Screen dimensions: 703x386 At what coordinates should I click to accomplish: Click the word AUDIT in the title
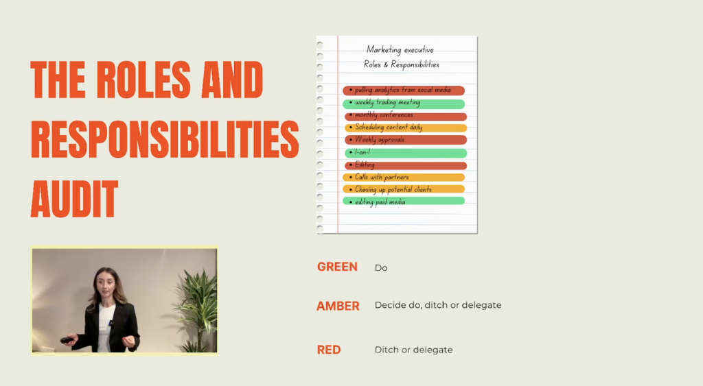coord(74,199)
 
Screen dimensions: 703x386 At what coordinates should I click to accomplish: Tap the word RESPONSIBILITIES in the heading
coord(165,139)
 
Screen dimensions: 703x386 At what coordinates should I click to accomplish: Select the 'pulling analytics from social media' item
coord(404,91)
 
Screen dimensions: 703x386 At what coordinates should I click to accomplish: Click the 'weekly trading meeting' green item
coord(404,104)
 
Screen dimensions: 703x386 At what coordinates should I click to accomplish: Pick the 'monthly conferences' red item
coord(405,116)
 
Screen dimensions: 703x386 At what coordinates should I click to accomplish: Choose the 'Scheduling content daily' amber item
coord(405,128)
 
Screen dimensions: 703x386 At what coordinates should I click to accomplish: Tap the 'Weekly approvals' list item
coord(405,140)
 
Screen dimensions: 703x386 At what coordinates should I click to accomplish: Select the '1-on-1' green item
coord(405,153)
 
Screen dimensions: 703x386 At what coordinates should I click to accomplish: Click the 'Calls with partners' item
coord(404,178)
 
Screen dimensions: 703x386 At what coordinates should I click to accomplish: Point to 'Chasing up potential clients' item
coord(404,189)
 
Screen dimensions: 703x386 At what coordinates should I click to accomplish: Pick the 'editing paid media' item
coord(404,202)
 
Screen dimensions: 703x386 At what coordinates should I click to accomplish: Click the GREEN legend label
coord(337,267)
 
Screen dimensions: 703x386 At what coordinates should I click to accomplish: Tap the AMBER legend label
coord(338,306)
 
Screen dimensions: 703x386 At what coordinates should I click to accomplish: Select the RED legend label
coord(329,350)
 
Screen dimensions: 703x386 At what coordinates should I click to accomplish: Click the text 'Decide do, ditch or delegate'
coord(438,305)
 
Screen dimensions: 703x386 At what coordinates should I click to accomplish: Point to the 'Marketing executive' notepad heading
coord(400,49)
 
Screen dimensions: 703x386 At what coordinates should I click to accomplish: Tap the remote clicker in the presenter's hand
coord(67,340)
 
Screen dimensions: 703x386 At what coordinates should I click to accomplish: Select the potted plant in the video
coord(196,310)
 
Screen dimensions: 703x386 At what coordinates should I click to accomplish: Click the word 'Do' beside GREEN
coord(381,268)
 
